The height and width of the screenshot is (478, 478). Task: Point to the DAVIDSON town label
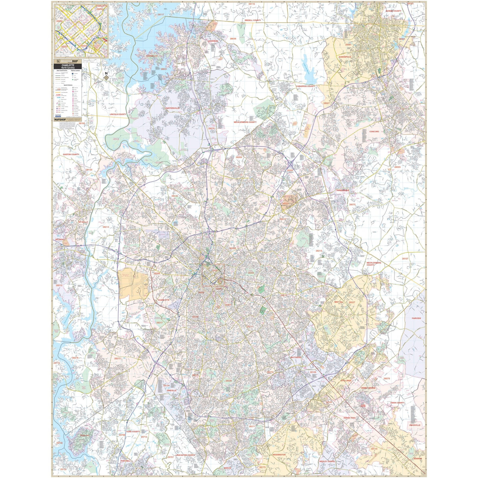pos(213,41)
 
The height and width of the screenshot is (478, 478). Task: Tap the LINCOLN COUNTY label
pos(118,115)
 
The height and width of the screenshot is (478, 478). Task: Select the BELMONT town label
pos(60,239)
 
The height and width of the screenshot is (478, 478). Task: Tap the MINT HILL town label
pos(339,302)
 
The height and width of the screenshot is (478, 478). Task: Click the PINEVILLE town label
pos(172,390)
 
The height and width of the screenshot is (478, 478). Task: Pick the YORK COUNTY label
pos(133,432)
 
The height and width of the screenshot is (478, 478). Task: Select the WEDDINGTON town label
pos(279,454)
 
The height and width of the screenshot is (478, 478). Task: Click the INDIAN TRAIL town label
pos(352,418)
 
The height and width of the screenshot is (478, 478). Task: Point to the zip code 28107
pos(405,259)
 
